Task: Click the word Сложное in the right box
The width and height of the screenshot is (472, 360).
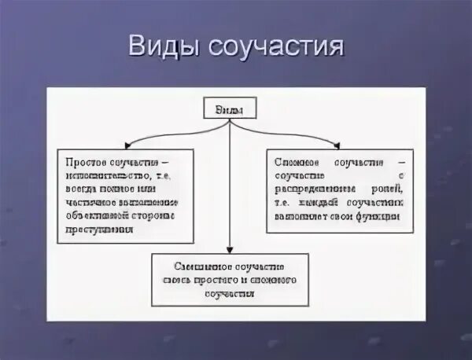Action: pyautogui.click(x=294, y=161)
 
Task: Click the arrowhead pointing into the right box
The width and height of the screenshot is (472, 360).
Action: pyautogui.click(x=336, y=144)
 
